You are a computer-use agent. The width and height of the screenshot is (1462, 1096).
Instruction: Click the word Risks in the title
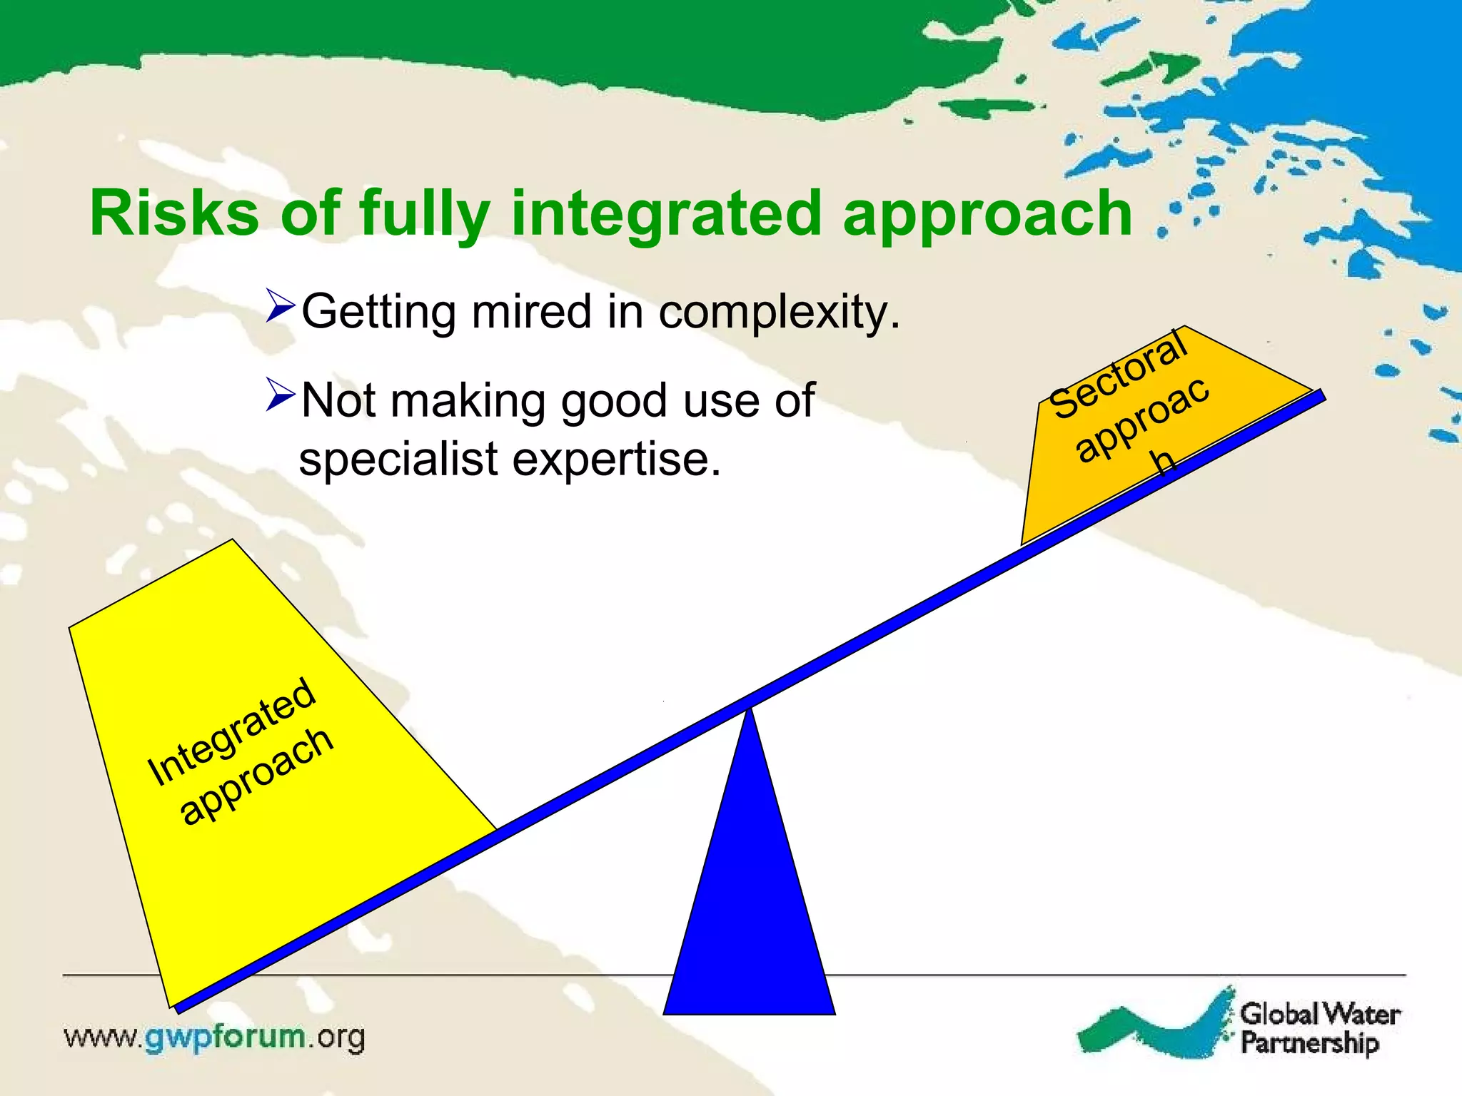[174, 213]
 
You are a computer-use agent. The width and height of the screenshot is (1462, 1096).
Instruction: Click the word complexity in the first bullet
[778, 313]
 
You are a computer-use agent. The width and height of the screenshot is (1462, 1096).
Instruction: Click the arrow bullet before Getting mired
[279, 306]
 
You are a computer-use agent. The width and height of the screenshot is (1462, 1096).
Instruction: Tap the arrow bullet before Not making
[279, 395]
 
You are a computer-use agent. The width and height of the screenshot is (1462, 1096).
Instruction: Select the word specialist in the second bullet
[398, 459]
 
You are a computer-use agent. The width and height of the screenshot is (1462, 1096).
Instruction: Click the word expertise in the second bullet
[617, 459]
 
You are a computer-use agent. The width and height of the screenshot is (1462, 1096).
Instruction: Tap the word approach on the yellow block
[256, 777]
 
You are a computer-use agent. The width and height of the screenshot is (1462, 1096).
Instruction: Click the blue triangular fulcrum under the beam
[749, 928]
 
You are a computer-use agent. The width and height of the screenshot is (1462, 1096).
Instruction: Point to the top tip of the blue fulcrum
[749, 711]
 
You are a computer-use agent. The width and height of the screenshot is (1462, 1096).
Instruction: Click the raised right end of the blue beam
[1319, 395]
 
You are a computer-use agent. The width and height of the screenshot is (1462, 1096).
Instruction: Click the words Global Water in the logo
[1319, 1013]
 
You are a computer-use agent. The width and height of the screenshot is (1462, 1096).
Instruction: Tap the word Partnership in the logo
[1309, 1042]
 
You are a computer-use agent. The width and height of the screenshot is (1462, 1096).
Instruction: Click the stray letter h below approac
[1164, 462]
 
